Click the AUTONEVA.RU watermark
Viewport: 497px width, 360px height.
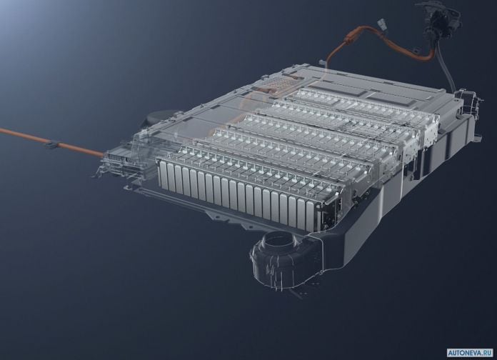tap(470, 352)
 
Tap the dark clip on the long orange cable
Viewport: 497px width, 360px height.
tap(51, 144)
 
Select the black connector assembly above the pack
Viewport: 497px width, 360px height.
tap(440, 19)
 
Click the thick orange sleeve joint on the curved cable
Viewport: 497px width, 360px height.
tap(349, 39)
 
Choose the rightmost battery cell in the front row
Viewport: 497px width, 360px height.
tap(310, 216)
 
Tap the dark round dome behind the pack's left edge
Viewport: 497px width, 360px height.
tap(160, 116)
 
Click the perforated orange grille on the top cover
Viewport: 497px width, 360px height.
tap(280, 84)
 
